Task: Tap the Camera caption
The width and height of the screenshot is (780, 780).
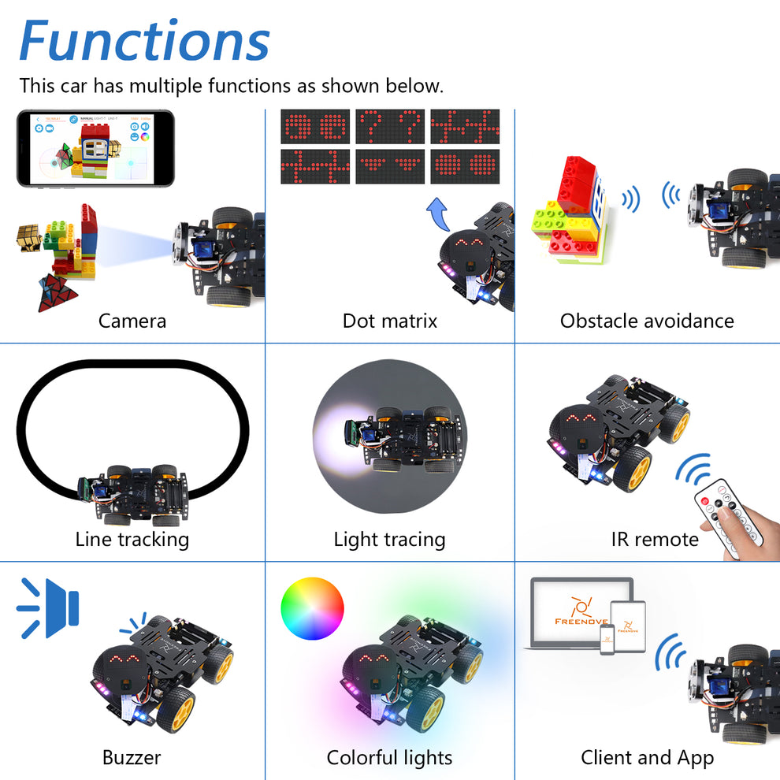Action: pos(132,321)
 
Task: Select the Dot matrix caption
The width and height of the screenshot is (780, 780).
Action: pos(389,321)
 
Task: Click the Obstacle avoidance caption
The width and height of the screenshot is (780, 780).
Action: pos(647,321)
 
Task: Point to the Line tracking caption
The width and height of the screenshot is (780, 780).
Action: pos(132,540)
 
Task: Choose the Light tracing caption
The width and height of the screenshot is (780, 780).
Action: pos(389,540)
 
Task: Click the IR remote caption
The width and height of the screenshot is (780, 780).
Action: pos(655,540)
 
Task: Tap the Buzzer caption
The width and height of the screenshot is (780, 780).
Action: pos(132,758)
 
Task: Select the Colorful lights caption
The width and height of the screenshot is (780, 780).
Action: pos(389,758)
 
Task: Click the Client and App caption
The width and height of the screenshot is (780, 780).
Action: pos(647,758)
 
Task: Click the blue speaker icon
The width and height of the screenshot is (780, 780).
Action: pos(49,607)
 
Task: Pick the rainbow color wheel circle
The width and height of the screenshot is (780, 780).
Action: pos(313,609)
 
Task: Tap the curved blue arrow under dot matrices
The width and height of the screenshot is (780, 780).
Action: pos(437,214)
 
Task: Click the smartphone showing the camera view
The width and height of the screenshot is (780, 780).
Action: pos(95,148)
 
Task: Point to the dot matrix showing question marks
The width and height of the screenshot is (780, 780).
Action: pos(390,126)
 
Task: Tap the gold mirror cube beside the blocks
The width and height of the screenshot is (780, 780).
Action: pos(32,236)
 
